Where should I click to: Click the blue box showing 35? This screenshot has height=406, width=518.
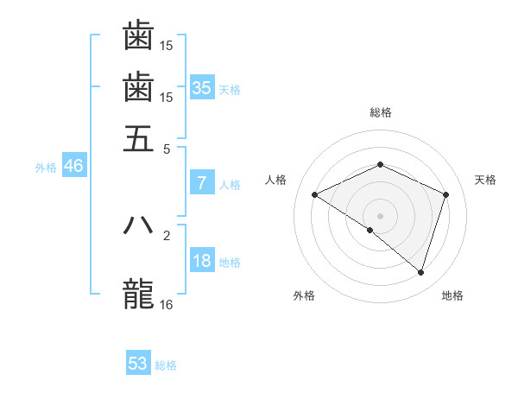point(202,87)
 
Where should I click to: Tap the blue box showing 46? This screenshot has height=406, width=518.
point(73,167)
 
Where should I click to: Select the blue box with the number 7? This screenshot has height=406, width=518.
point(202,183)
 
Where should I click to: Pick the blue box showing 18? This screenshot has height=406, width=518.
point(202,262)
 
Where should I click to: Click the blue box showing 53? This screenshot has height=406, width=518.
point(138,364)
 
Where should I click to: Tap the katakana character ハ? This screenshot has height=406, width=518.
point(138,225)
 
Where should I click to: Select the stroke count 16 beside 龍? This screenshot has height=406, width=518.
point(167,304)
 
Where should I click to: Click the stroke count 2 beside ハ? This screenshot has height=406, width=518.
point(167,234)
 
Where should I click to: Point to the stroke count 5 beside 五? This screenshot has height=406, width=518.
point(167,148)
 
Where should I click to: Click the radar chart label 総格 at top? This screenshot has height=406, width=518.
point(380,112)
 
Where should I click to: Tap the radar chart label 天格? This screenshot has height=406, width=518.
point(485,180)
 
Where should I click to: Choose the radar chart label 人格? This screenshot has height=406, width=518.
point(276,180)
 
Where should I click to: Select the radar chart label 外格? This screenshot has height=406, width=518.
point(304,296)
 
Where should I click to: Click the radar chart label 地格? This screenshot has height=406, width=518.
point(452,296)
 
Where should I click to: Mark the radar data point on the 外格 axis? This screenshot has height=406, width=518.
point(370,230)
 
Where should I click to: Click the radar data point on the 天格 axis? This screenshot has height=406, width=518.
point(445,194)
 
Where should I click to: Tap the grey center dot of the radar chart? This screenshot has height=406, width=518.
point(380,215)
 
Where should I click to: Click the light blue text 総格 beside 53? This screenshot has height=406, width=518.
point(167,365)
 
